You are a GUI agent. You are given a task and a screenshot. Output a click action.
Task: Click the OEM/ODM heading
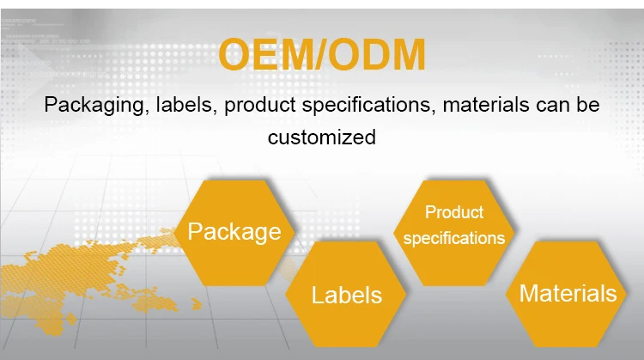pyautogui.click(x=321, y=55)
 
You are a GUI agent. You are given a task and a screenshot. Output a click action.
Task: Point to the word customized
pyautogui.click(x=322, y=137)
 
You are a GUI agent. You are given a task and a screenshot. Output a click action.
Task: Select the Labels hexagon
pyautogui.click(x=347, y=295)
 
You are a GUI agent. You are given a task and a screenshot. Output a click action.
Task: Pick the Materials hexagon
pyautogui.click(x=568, y=294)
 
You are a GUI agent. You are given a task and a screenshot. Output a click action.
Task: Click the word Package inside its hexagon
pyautogui.click(x=234, y=232)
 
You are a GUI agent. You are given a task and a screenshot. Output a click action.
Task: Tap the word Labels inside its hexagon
pyautogui.click(x=347, y=296)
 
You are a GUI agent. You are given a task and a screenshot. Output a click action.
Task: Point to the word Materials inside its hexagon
pyautogui.click(x=568, y=294)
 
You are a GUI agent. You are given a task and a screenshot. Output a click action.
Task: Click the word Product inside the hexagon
pyautogui.click(x=454, y=212)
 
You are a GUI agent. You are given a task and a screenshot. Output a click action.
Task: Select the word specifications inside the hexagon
pyautogui.click(x=454, y=238)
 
